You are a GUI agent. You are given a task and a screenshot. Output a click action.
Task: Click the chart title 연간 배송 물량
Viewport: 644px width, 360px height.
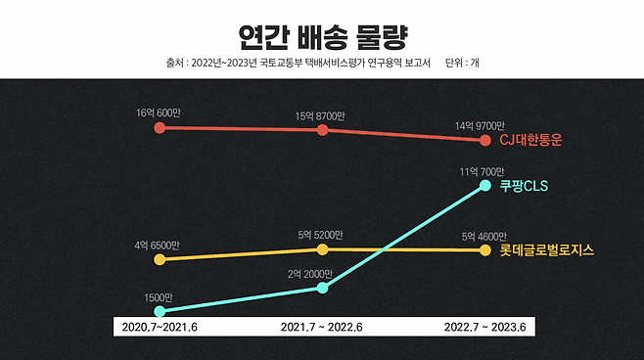coord(322,36)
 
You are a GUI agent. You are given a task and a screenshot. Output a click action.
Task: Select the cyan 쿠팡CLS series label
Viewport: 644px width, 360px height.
coord(524,185)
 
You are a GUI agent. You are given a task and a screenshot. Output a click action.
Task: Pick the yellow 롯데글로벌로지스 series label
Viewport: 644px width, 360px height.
coord(546,250)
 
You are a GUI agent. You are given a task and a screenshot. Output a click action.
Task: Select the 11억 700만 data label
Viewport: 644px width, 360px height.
coord(483,171)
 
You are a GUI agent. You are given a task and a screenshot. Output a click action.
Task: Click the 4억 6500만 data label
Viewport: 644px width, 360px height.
coord(158,245)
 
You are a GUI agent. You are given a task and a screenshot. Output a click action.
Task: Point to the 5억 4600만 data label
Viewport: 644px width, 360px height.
coord(483,236)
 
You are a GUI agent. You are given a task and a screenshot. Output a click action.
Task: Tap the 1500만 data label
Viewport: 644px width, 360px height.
coord(158,297)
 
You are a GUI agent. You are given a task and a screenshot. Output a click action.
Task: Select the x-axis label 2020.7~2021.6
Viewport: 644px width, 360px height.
coord(158,327)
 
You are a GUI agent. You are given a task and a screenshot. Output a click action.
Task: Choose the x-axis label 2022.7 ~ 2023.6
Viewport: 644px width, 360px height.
coord(485,327)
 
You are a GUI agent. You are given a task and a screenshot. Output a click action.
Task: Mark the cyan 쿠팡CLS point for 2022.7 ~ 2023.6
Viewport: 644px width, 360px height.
coord(484,185)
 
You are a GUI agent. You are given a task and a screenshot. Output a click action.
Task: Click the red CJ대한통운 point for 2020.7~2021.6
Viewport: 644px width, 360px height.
coord(159,127)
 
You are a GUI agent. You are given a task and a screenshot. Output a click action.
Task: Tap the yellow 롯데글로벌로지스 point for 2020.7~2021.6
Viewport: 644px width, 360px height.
coord(159,259)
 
